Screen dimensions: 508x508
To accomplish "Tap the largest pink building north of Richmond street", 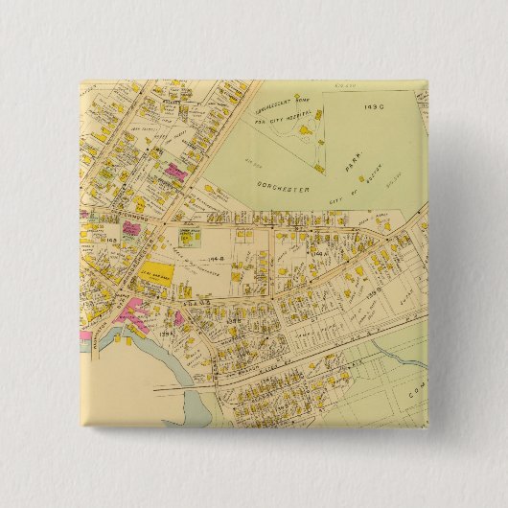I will [176, 173].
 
